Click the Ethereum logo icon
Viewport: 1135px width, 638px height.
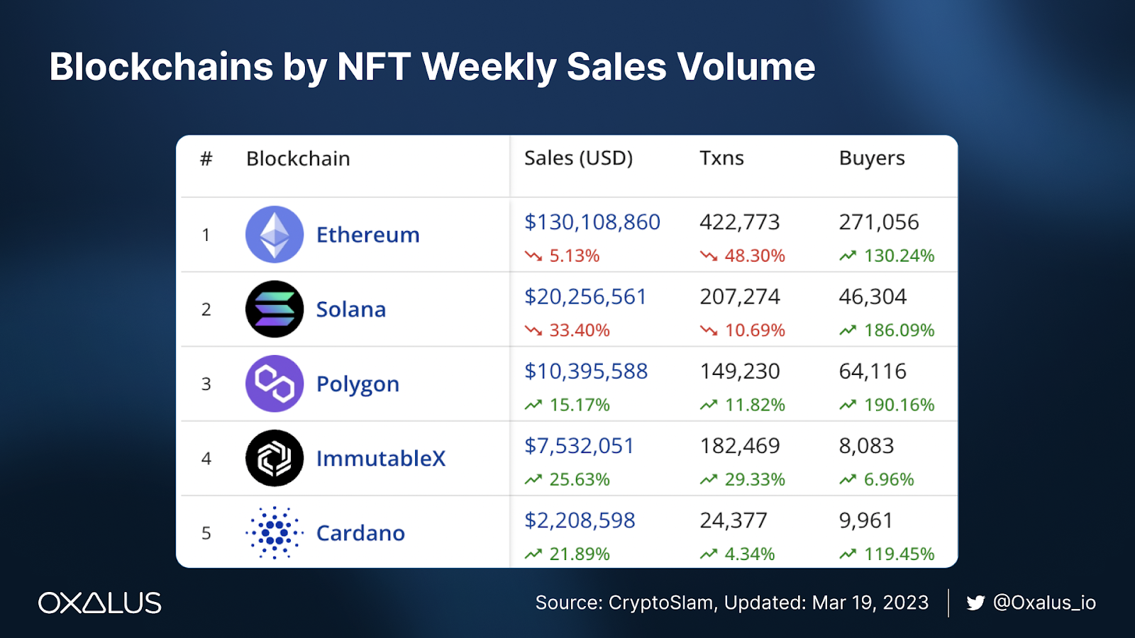pos(275,235)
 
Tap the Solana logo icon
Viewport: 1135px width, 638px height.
pos(275,309)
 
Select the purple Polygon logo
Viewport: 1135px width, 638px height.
pos(275,384)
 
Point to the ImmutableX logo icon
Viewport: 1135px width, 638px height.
pos(275,458)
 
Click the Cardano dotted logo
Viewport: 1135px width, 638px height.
pos(275,532)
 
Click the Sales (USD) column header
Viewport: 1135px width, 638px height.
pos(578,158)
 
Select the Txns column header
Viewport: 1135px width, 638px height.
pos(721,158)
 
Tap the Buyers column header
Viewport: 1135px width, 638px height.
pos(872,158)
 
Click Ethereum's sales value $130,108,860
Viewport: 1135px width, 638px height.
pos(592,222)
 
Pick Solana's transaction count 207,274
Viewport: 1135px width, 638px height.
pos(740,296)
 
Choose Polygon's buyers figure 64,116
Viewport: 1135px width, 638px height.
pos(873,371)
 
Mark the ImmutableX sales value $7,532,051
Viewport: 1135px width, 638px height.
pos(579,446)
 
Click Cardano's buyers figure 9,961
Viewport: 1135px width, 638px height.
pos(865,520)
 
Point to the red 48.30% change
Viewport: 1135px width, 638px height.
pos(754,256)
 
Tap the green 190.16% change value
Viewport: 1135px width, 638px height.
pos(899,405)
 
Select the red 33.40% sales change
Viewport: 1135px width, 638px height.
pos(579,330)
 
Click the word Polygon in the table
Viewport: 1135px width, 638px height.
pos(358,384)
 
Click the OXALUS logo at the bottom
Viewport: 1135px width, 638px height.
pos(100,603)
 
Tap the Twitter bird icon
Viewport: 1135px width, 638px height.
pos(975,603)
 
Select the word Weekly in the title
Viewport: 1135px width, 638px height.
pos(489,67)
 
